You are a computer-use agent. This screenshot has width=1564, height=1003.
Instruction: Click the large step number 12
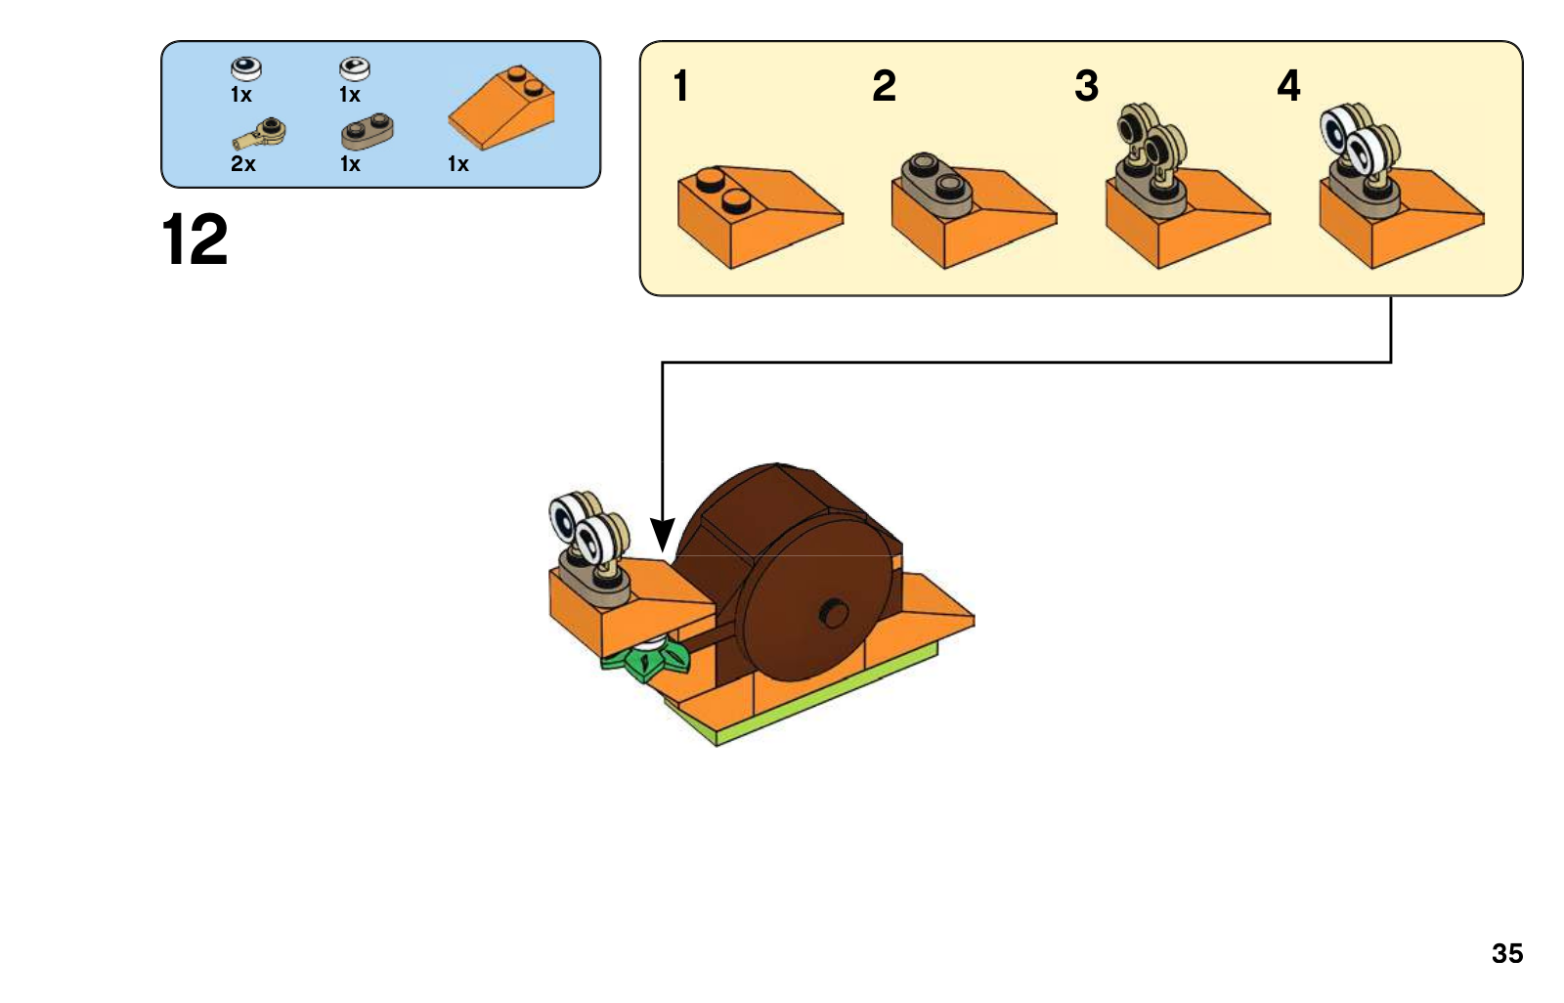click(x=195, y=239)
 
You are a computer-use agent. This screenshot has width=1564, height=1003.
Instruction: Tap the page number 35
click(x=1506, y=953)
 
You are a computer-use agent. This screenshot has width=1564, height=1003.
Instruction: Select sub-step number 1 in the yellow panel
click(x=680, y=86)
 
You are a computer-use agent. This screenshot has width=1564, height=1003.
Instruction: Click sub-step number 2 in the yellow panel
click(x=884, y=86)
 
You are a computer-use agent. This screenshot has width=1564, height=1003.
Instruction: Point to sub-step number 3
click(x=1086, y=86)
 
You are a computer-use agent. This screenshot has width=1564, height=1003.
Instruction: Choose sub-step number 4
click(x=1289, y=86)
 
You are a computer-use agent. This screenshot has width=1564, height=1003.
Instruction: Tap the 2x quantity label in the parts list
click(x=243, y=164)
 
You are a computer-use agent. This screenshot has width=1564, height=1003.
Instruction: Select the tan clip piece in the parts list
click(x=258, y=133)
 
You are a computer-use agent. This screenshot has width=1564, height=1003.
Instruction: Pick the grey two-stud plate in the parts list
click(x=368, y=131)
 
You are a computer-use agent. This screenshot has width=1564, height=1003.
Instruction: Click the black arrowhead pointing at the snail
click(x=662, y=535)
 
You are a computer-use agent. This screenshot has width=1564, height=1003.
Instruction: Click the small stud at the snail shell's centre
click(x=833, y=614)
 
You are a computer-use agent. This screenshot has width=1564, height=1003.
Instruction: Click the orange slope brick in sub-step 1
click(x=760, y=216)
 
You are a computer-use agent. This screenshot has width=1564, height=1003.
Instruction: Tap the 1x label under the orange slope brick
click(x=458, y=164)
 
